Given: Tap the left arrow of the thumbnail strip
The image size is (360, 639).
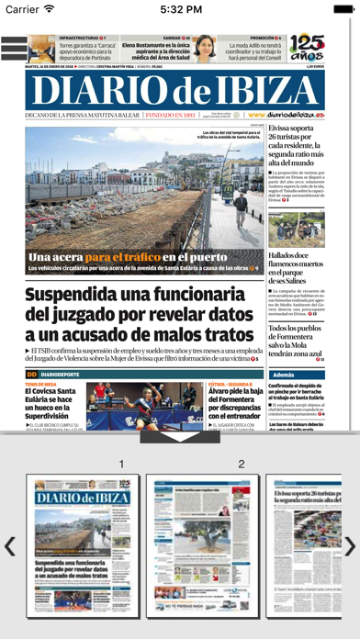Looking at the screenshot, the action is pos(9,546).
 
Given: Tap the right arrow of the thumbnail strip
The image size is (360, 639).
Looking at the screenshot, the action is pos(350,546).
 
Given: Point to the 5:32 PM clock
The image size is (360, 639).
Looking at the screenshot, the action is pos(180,9).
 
